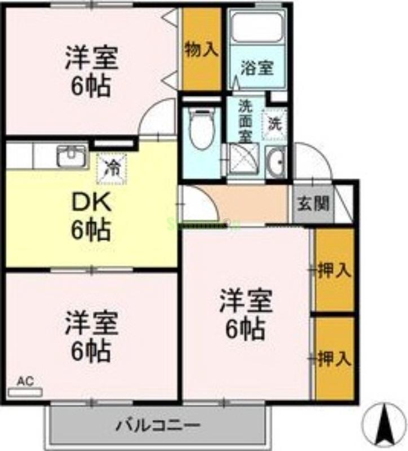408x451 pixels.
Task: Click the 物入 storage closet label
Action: [x=201, y=50]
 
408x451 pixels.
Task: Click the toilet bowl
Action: [x=199, y=130]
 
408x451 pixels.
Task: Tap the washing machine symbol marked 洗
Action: [x=274, y=122]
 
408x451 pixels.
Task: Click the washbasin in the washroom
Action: [x=276, y=162]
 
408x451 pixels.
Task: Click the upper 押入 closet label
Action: [x=335, y=271]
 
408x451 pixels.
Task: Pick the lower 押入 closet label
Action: [x=335, y=359]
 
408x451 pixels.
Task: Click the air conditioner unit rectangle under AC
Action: [x=25, y=392]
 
